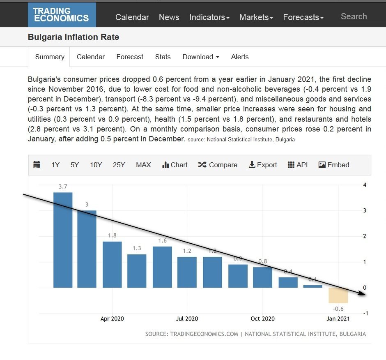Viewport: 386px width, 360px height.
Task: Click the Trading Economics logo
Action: (61, 15)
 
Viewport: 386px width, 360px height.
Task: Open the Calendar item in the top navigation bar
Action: (132, 17)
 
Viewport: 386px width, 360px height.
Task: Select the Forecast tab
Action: (130, 57)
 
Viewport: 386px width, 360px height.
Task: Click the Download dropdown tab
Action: (201, 57)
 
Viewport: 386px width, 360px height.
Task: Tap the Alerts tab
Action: (240, 57)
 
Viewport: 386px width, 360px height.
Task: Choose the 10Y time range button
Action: (96, 165)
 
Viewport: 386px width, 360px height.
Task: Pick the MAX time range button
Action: (143, 165)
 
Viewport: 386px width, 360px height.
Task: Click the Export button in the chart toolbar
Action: (263, 165)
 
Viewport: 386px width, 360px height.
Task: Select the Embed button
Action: (334, 165)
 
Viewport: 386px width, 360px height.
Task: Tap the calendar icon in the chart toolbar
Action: (37, 165)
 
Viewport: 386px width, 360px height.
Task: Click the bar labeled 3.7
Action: (63, 240)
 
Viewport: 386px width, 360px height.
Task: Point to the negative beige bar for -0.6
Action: (338, 295)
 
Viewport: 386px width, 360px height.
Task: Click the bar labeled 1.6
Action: (162, 267)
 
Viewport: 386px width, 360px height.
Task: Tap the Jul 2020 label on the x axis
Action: (187, 318)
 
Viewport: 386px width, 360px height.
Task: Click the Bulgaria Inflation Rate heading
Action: (74, 37)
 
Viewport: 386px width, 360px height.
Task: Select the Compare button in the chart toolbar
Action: (218, 165)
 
